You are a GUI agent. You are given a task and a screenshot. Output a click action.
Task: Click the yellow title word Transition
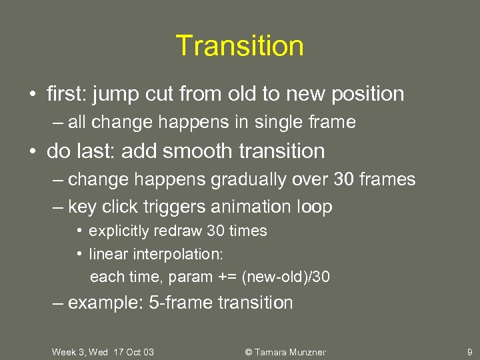pos(240,46)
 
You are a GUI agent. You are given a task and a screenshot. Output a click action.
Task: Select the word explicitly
pos(121,231)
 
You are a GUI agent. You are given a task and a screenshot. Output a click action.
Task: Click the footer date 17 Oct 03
pos(133,352)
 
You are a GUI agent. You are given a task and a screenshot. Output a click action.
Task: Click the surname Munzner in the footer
pos(305,352)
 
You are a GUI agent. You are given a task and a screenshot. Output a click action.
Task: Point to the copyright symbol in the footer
pos(249,352)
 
